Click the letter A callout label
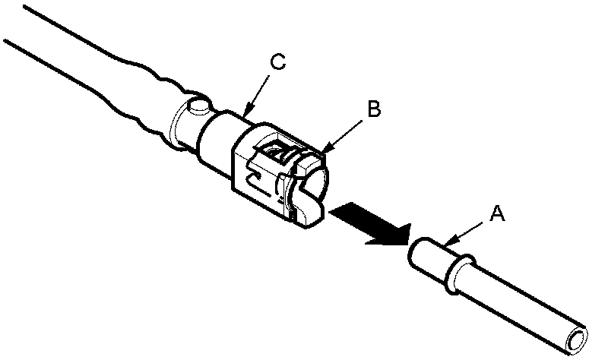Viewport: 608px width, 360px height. tap(498, 215)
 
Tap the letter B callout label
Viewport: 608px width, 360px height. tap(373, 109)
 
